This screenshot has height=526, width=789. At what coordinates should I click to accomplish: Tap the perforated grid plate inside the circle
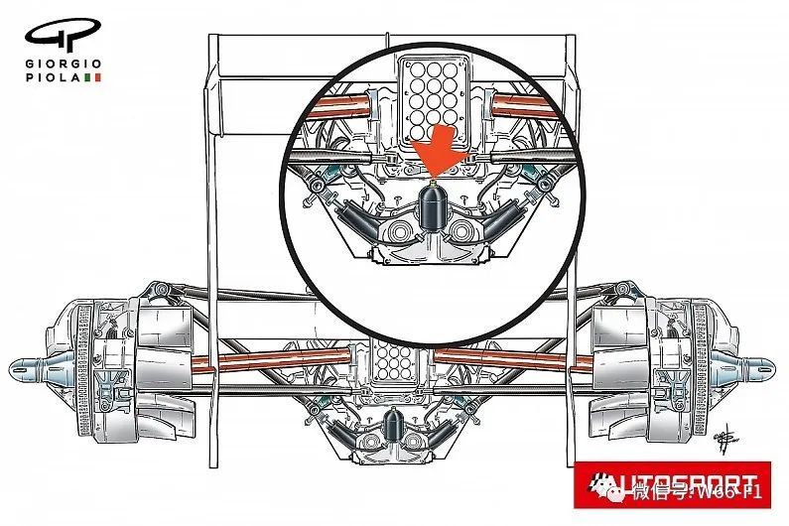431,94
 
